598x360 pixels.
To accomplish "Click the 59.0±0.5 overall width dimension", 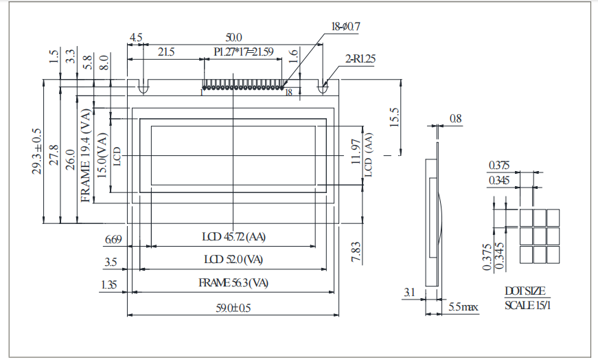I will [x=233, y=308].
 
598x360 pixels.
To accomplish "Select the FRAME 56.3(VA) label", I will [x=233, y=283].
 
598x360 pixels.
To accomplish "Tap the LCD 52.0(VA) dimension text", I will [x=233, y=260].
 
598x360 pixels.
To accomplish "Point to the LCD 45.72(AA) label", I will [x=233, y=237].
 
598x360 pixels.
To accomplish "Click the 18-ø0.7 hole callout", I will [x=345, y=27].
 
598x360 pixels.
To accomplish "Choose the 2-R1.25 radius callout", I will [x=360, y=59].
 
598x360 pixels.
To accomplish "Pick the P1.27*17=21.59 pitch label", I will [x=244, y=52].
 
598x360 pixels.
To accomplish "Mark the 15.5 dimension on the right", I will [x=393, y=117].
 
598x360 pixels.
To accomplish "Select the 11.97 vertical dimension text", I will [x=355, y=155].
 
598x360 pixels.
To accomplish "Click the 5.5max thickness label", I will [x=463, y=306].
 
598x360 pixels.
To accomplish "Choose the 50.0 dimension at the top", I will [x=233, y=37].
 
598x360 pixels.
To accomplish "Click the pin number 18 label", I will [x=289, y=92].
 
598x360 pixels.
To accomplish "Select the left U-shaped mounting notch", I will [x=143, y=88].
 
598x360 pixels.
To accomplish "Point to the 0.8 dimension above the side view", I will [x=455, y=119].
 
